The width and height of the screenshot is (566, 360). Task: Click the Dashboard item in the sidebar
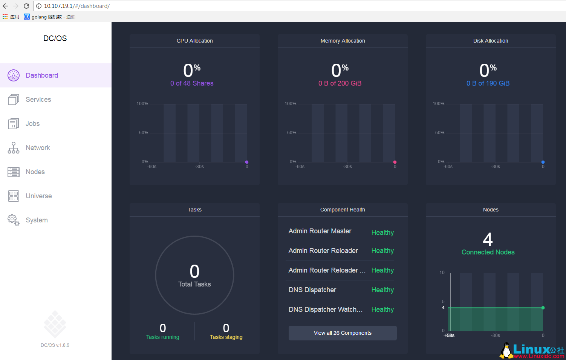41,75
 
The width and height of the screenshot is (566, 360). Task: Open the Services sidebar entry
38,100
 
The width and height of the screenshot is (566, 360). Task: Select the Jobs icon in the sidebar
14,124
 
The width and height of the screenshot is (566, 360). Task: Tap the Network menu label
38,148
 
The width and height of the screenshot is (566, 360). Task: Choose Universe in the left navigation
38,196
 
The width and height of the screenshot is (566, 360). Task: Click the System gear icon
14,220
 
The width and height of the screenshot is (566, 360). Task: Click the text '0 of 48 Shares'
192,83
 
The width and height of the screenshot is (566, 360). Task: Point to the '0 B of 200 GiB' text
340,83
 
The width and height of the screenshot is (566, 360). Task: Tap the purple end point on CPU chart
247,162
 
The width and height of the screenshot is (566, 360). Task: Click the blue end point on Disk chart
543,162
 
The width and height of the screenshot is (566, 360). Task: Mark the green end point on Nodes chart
543,308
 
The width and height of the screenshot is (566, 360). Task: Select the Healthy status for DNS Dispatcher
382,290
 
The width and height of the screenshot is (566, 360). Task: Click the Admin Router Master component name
320,231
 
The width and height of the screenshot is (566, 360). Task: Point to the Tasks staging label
226,337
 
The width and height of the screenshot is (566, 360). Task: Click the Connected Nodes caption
488,252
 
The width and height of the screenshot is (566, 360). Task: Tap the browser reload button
26,6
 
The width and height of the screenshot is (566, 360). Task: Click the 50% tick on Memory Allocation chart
292,133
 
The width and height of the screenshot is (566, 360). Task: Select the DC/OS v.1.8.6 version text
55,345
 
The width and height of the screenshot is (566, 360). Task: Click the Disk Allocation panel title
491,41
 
